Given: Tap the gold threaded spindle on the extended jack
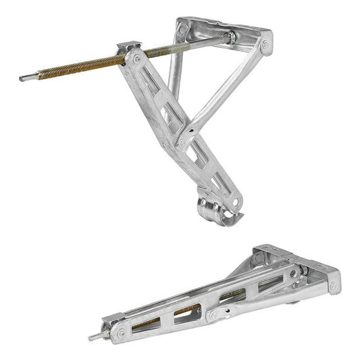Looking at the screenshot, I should [74, 67].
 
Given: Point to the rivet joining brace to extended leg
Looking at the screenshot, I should [180, 142].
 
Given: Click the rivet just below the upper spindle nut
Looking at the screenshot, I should [138, 60].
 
